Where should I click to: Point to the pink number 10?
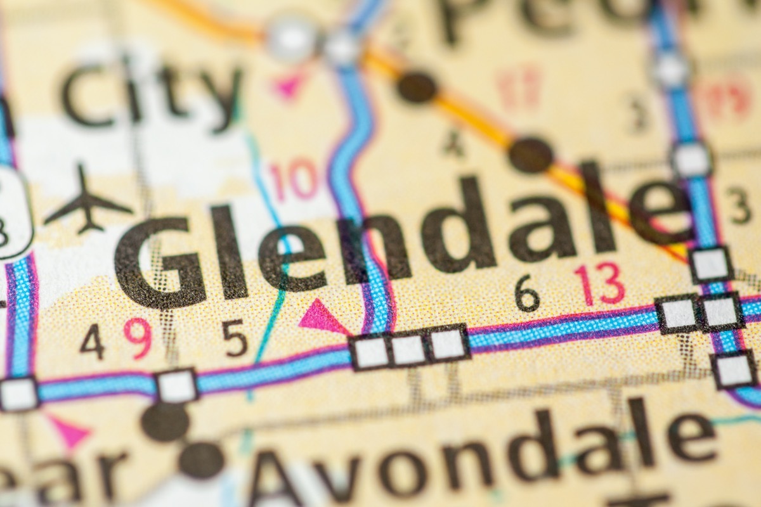pyautogui.click(x=293, y=180)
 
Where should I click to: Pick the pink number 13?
pyautogui.click(x=599, y=284)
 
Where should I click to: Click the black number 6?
pyautogui.click(x=527, y=293)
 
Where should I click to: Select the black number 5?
pyautogui.click(x=235, y=338)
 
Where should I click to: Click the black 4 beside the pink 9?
pyautogui.click(x=93, y=342)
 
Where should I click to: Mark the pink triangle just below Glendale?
pyautogui.click(x=320, y=318)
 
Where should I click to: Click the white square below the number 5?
pyautogui.click(x=177, y=385)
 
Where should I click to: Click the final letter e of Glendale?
pyautogui.click(x=660, y=213)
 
